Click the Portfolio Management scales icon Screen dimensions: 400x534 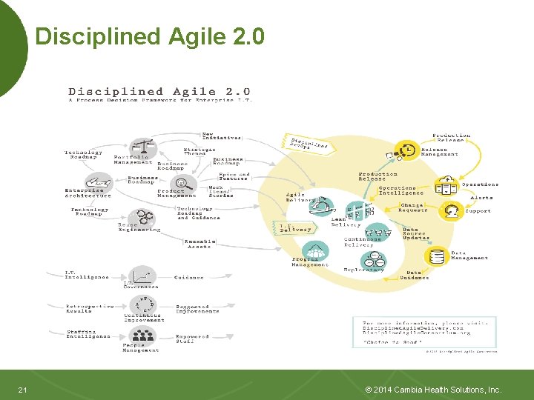point(142,147)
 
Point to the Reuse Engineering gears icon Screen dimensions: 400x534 point(144,216)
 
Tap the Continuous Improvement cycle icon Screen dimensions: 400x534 point(142,305)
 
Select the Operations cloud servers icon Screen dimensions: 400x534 point(446,185)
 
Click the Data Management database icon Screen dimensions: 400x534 point(438,256)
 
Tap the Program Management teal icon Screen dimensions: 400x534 point(316,251)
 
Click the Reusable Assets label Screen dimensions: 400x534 point(200,243)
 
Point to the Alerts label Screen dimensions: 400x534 point(481,198)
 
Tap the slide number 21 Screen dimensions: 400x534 point(23,390)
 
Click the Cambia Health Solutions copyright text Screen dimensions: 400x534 point(434,390)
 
